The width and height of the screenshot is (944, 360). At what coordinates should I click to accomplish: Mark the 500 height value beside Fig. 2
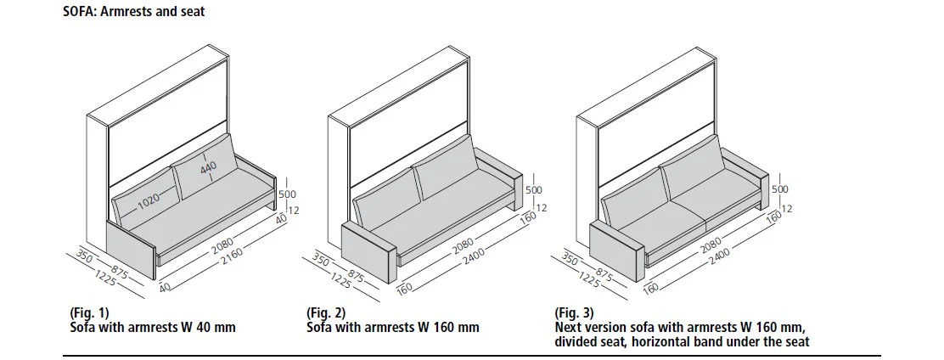pos(533,190)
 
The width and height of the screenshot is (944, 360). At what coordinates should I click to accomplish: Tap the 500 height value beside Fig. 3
pos(780,189)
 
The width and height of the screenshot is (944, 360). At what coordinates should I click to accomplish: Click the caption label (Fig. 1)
pos(89,313)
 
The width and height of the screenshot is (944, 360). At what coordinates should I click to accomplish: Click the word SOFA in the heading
pos(80,12)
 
